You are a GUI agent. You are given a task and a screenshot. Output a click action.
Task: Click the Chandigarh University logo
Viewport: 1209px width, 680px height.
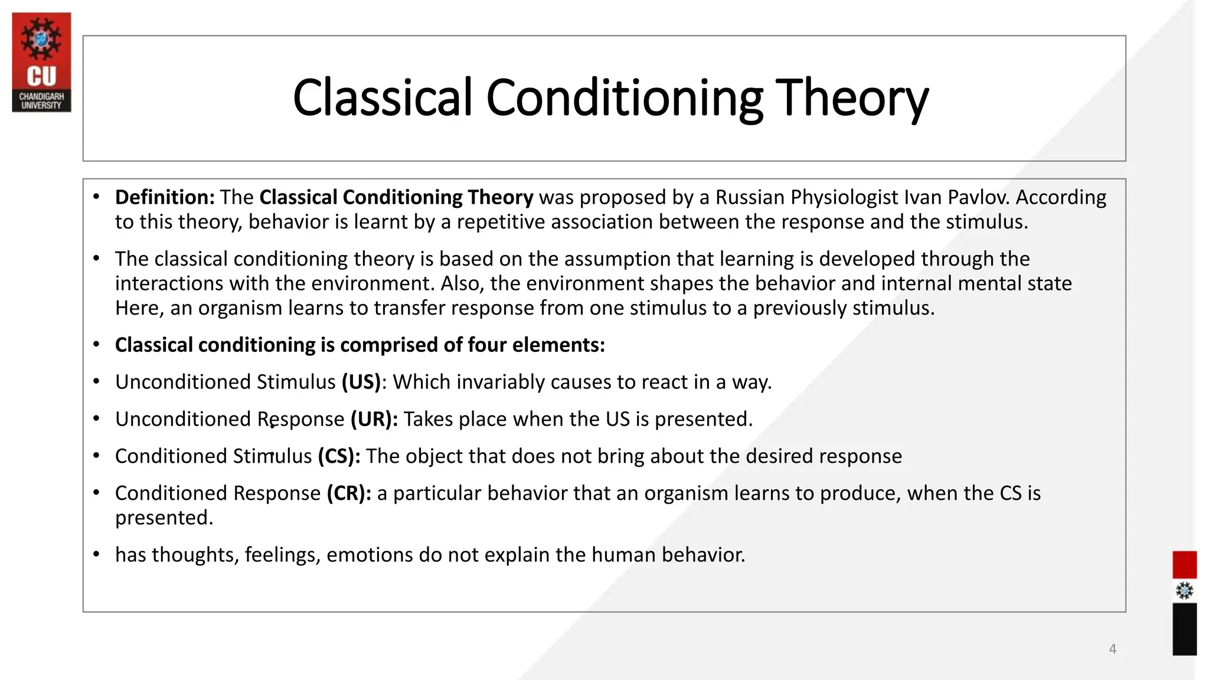pyautogui.click(x=41, y=62)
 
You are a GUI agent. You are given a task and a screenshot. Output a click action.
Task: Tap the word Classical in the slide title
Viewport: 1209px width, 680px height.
pyautogui.click(x=383, y=98)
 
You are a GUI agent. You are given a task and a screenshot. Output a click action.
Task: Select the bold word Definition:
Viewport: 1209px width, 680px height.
pyautogui.click(x=165, y=197)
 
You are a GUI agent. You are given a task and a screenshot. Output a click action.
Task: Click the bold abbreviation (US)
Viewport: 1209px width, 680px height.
pyautogui.click(x=361, y=382)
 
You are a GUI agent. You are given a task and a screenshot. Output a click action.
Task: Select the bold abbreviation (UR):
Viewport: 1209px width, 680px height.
pyautogui.click(x=374, y=419)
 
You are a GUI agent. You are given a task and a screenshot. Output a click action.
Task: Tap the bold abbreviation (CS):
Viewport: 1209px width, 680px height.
pyautogui.click(x=339, y=456)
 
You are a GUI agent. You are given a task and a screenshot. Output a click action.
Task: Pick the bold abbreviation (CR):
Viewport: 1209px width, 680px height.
pyautogui.click(x=349, y=493)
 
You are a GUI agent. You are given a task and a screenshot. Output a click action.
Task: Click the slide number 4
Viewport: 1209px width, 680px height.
pyautogui.click(x=1113, y=649)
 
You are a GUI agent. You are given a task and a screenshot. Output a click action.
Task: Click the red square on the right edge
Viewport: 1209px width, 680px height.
pyautogui.click(x=1184, y=565)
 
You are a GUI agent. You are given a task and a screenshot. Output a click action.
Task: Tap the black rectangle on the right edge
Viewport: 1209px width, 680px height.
pyautogui.click(x=1184, y=629)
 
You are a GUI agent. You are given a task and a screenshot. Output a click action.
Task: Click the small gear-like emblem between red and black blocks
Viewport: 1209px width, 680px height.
pyautogui.click(x=1184, y=591)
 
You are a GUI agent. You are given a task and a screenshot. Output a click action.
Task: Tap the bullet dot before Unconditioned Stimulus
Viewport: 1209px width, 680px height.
pyautogui.click(x=96, y=382)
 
